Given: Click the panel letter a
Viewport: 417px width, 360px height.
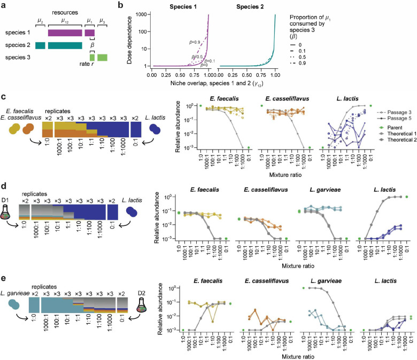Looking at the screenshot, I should coord(4,4).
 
